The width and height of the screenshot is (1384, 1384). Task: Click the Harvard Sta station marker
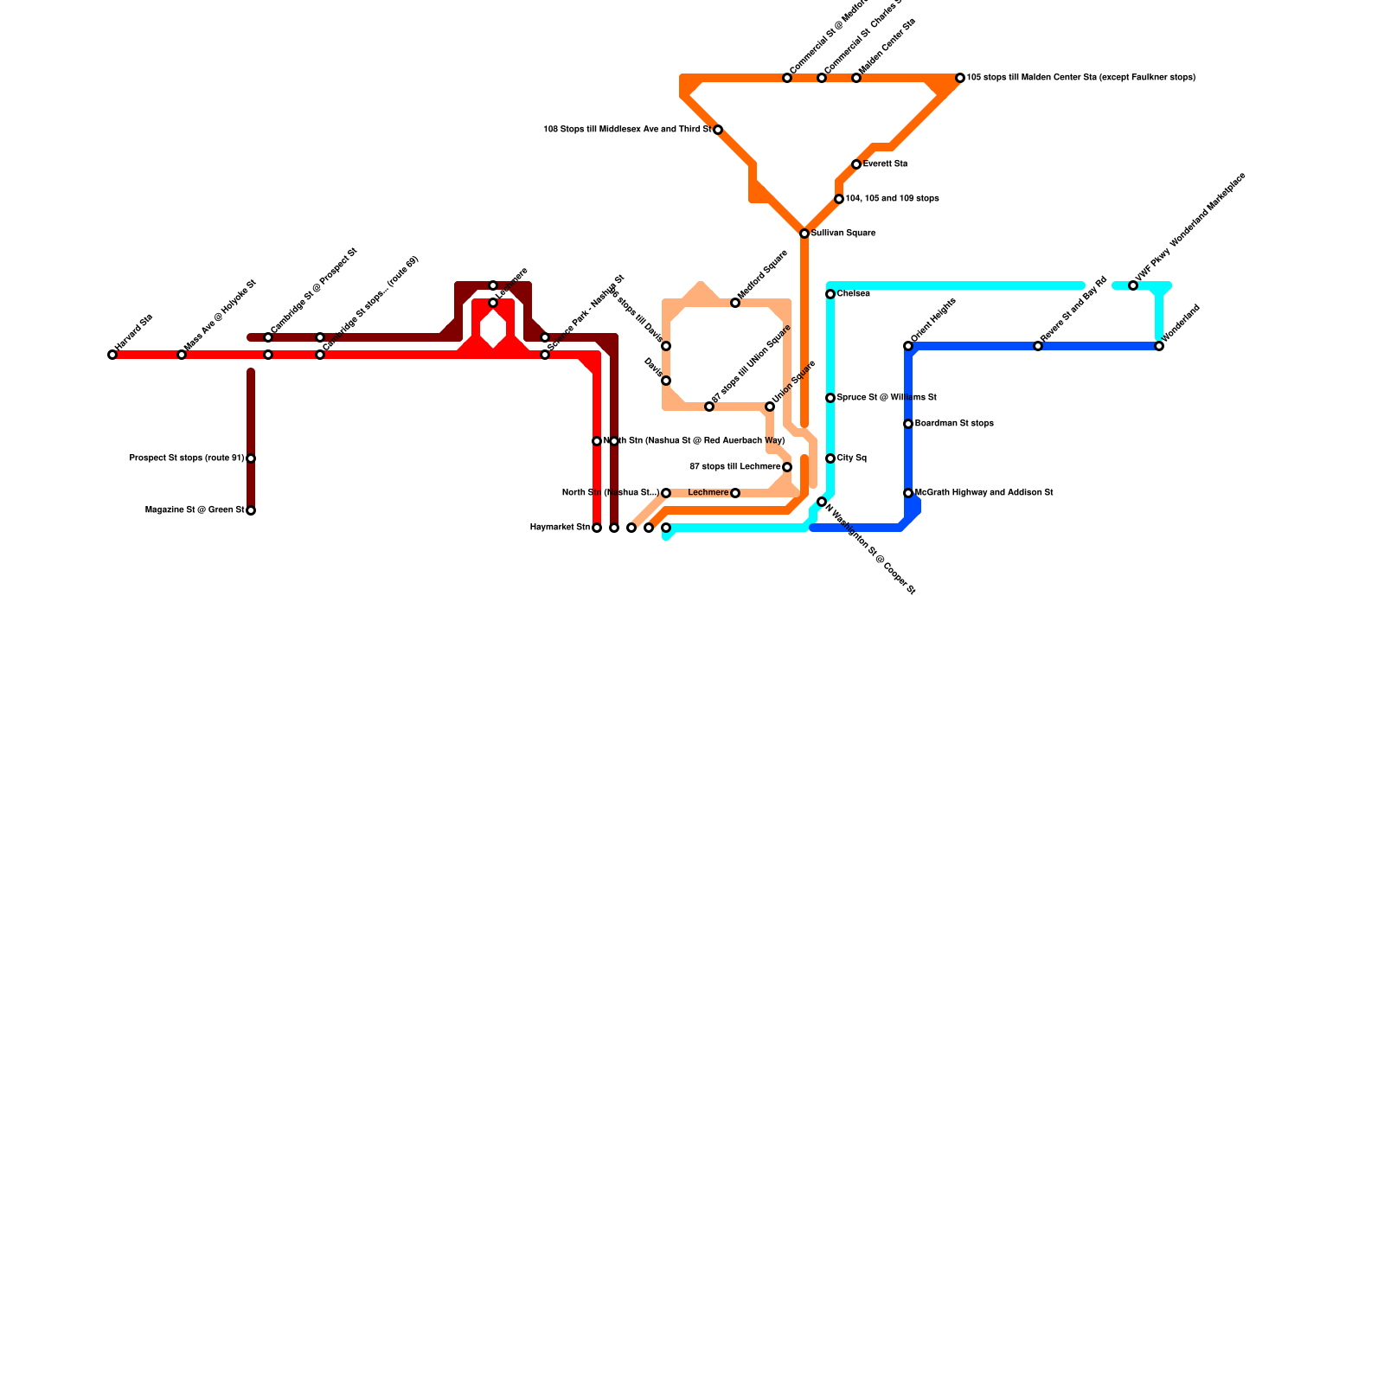[112, 355]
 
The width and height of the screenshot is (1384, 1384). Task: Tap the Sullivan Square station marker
[804, 234]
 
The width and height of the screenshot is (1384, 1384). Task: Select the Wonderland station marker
[1159, 346]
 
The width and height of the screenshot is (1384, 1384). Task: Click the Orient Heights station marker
[908, 346]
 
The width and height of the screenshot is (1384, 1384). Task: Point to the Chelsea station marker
[830, 294]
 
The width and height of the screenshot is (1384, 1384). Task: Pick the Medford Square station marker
[735, 303]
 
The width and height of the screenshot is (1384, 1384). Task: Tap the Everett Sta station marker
[856, 164]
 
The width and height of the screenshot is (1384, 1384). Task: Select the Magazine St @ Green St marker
[251, 510]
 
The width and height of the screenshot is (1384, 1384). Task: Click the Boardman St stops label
[954, 424]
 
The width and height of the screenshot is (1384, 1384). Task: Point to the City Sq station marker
[830, 458]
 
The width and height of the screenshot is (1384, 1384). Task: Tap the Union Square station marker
[770, 407]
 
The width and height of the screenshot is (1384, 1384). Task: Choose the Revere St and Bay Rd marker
[1038, 346]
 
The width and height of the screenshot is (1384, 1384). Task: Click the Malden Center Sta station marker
[856, 78]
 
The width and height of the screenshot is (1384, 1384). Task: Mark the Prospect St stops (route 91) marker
[251, 458]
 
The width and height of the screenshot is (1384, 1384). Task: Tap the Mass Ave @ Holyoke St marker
[182, 355]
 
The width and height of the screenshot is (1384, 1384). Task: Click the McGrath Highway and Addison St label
[984, 493]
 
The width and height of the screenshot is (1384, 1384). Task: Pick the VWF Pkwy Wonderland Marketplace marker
[1133, 285]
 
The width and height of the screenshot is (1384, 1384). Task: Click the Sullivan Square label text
[843, 234]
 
